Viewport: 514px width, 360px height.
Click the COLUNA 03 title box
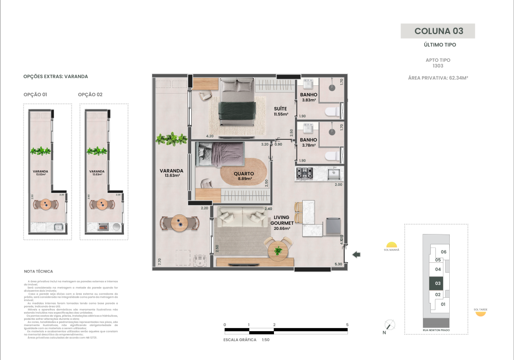click(x=438, y=31)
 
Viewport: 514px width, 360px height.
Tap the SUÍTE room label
click(x=280, y=111)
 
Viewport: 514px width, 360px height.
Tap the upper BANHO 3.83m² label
click(x=308, y=98)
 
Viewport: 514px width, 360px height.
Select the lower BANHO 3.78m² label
click(x=308, y=142)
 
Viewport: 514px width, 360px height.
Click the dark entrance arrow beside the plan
click(x=357, y=254)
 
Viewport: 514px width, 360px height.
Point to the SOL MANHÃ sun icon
click(x=392, y=245)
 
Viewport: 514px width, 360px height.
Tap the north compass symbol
click(x=390, y=325)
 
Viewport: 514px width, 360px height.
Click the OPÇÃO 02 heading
click(x=90, y=95)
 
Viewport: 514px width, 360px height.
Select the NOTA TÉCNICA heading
click(x=39, y=271)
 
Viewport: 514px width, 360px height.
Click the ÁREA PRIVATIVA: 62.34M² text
click(x=437, y=78)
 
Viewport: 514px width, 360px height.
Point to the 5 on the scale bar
click(x=348, y=325)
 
